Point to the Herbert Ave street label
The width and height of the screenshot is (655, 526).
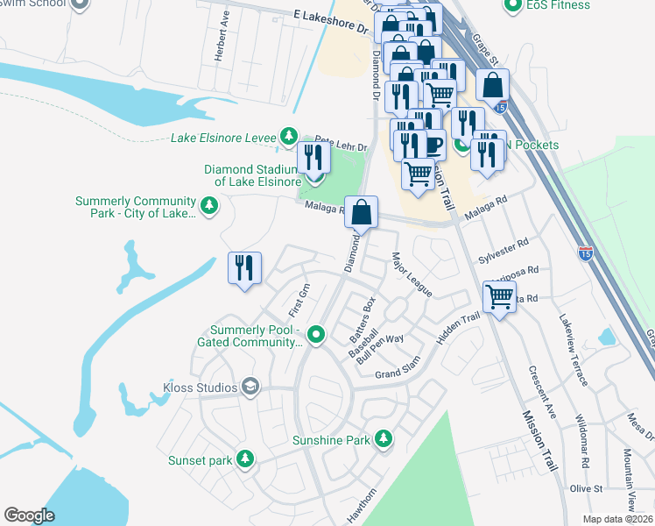(222, 36)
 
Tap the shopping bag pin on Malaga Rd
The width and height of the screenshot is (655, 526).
(361, 212)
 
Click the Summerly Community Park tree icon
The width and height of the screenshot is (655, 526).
(209, 205)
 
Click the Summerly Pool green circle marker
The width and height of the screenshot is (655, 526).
(317, 333)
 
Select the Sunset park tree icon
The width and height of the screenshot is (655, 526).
(247, 458)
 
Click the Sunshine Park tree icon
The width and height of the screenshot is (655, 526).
(383, 437)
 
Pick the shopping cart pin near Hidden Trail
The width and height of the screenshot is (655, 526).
(499, 296)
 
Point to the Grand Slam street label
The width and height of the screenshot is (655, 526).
(398, 367)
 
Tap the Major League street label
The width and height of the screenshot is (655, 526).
(411, 274)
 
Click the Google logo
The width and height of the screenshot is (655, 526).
(29, 515)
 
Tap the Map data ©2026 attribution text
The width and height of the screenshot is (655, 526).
(617, 519)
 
